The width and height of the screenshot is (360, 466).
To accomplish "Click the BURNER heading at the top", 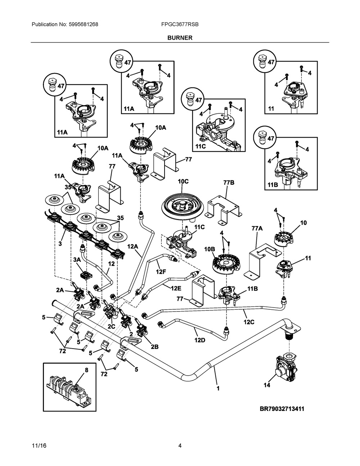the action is [180, 38].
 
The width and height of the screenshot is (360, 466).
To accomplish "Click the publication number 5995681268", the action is [84, 24].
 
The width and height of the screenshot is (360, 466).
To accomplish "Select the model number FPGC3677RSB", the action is [180, 24].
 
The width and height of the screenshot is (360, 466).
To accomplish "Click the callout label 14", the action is [267, 385].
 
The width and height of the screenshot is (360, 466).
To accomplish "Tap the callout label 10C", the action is [183, 182].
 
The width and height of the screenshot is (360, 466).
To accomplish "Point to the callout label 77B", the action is [229, 183].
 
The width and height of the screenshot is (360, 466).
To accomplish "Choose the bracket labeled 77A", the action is [262, 260].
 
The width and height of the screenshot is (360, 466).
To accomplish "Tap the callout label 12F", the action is [161, 272].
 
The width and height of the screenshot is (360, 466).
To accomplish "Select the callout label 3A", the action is [77, 260].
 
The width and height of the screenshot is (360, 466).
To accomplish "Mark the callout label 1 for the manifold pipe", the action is [218, 388].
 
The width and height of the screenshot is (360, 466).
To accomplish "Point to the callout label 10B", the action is [210, 249].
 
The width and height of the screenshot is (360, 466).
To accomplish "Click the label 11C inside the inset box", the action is [201, 146].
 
